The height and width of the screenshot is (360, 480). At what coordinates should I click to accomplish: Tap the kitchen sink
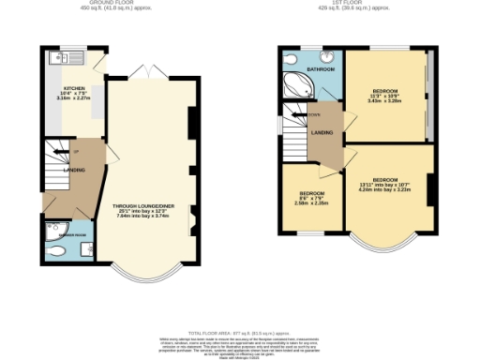coord(75,58)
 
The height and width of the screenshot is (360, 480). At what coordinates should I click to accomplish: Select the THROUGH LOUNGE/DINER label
coord(143,205)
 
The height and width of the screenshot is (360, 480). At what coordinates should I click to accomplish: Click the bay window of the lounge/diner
coord(143,277)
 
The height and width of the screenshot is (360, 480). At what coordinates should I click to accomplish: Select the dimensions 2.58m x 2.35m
coord(307,202)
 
